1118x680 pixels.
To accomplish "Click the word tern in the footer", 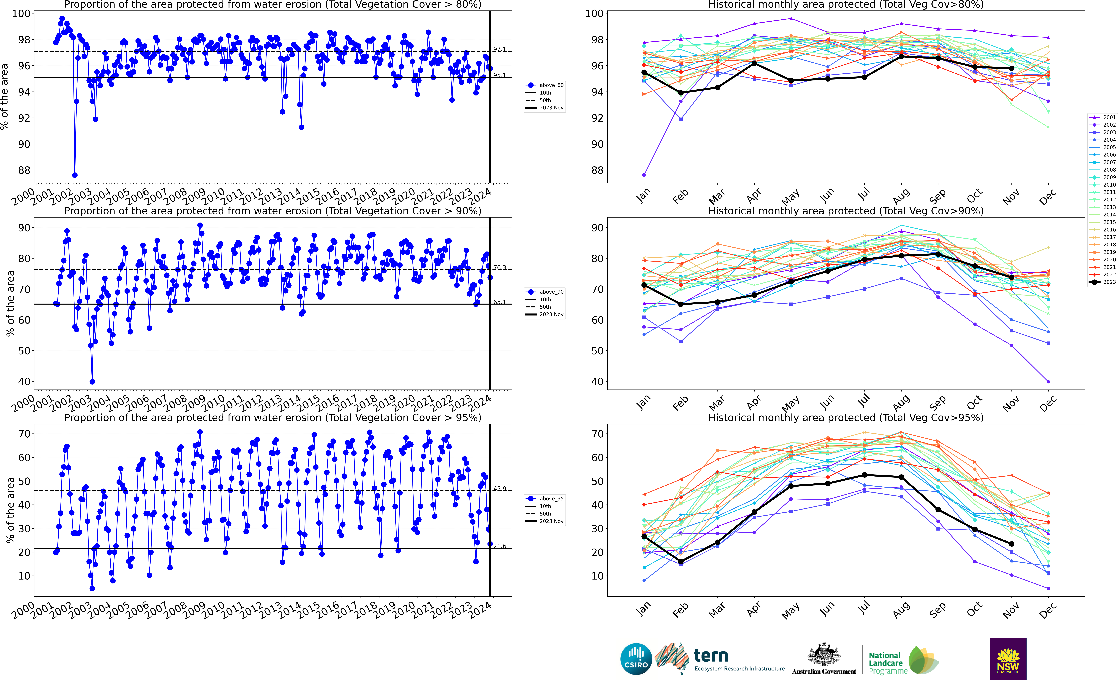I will coord(711,656).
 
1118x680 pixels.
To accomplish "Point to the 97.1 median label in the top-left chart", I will coord(500,49).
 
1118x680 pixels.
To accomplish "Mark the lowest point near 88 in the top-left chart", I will coord(75,175).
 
